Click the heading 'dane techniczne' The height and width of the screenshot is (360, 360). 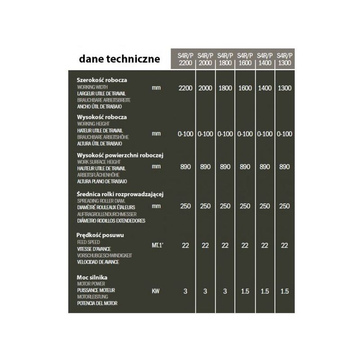119,58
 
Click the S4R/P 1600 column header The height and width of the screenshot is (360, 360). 245,59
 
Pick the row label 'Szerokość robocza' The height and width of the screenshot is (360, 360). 102,80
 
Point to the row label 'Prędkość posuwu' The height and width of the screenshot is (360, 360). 101,235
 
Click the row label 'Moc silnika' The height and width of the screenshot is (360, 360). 92,278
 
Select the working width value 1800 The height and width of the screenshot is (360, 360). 225,88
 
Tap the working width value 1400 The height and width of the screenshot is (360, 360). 265,88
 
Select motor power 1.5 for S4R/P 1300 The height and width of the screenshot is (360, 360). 284,291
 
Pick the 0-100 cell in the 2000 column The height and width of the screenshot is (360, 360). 205,134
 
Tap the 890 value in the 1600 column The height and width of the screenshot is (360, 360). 245,166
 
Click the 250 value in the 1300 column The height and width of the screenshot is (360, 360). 284,206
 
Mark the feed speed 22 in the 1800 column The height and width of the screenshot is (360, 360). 225,245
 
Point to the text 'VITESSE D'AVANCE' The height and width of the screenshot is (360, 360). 94,249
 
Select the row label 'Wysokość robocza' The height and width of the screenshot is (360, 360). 102,117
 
